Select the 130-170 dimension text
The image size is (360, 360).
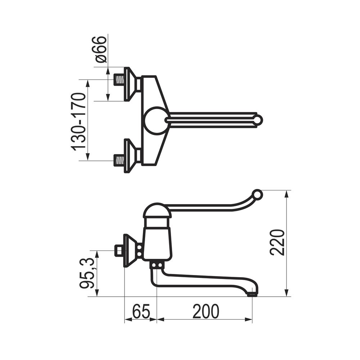click(x=78, y=122)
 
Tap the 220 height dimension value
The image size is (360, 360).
click(x=277, y=242)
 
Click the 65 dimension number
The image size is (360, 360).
click(x=141, y=311)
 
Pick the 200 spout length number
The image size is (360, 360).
click(x=206, y=311)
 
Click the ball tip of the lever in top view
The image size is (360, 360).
click(x=258, y=120)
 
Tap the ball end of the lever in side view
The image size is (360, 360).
click(x=257, y=195)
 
